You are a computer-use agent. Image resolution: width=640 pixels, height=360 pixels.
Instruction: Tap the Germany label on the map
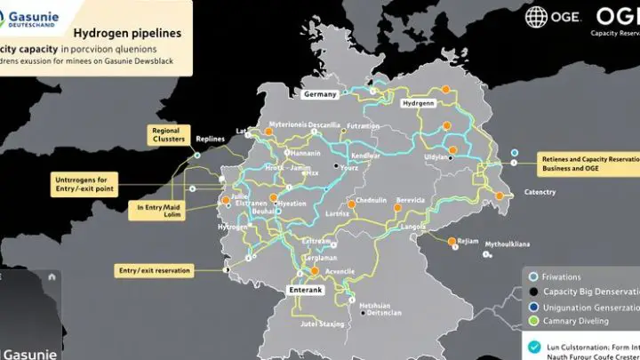[x=320, y=94]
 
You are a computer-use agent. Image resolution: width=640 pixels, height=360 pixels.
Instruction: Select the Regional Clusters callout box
[x=167, y=134]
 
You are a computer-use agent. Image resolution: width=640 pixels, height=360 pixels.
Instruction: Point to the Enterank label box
[x=306, y=290]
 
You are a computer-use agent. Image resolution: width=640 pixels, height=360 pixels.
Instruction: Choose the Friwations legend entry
[x=567, y=276]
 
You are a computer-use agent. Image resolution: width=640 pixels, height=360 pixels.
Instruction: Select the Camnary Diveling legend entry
[x=579, y=322]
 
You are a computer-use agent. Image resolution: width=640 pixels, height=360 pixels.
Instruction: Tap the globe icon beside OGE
[x=538, y=17]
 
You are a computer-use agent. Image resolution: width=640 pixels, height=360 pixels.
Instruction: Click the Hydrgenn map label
[x=418, y=103]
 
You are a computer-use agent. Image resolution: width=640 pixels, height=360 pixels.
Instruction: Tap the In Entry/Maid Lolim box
[x=160, y=211]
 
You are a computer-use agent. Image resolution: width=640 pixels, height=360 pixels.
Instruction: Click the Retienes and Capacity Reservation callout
[x=586, y=164]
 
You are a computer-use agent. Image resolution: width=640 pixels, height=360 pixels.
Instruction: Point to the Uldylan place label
[x=436, y=157]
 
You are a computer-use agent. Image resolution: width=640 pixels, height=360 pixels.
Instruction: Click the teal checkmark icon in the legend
[x=533, y=348]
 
